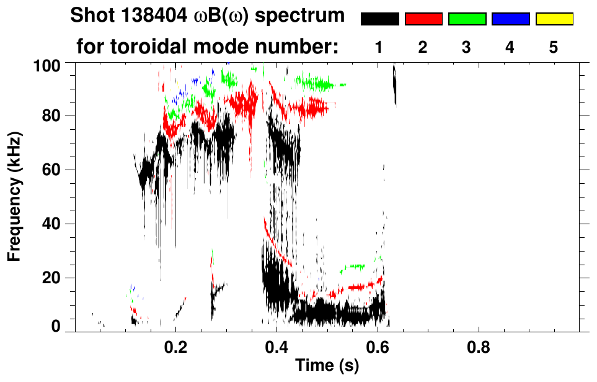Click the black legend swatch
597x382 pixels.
tap(379, 19)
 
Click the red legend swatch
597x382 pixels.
tap(423, 19)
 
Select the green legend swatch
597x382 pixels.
tap(467, 19)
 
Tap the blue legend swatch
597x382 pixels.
tap(510, 19)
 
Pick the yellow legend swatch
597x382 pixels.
tap(554, 19)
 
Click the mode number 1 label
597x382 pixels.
tap(379, 47)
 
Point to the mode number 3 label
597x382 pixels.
tap(467, 47)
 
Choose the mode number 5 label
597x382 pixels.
tap(554, 47)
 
